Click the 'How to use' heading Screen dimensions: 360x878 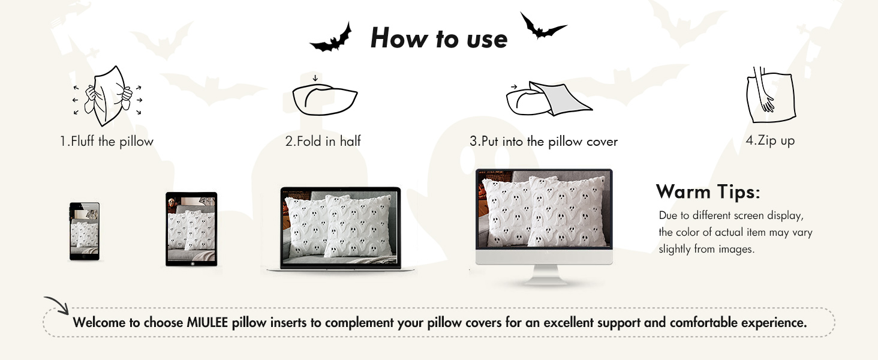[x=439, y=39]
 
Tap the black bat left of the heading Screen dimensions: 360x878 [x=330, y=40]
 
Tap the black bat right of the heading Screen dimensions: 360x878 [x=542, y=27]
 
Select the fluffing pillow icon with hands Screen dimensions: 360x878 [x=107, y=96]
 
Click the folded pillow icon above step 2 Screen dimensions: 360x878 [x=324, y=98]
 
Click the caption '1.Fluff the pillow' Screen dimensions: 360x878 [x=107, y=142]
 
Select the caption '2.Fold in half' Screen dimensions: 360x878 [x=323, y=142]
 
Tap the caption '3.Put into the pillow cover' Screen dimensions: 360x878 [x=543, y=142]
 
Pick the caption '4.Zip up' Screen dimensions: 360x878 [x=770, y=141]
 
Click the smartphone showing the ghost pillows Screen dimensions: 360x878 [x=84, y=231]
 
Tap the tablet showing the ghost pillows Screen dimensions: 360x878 [x=191, y=229]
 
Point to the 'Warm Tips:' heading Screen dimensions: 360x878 [x=708, y=192]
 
